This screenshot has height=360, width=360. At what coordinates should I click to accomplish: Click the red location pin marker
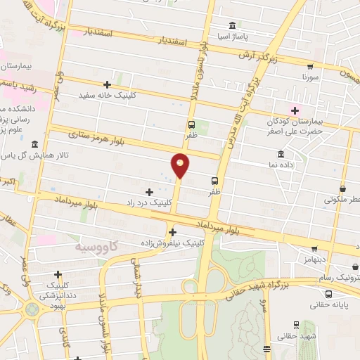tap(181, 165)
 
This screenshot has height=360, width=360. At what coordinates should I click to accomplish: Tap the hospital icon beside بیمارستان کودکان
tap(295, 110)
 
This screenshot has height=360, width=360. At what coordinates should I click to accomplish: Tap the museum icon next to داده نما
tap(281, 154)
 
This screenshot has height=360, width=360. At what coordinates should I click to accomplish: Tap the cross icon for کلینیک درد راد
tap(149, 191)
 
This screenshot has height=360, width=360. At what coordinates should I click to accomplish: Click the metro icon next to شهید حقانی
tap(296, 325)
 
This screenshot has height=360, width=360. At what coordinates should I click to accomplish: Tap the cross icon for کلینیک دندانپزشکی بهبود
tap(58, 274)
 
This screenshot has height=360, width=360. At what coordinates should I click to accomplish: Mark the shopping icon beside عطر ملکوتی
tap(342, 189)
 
